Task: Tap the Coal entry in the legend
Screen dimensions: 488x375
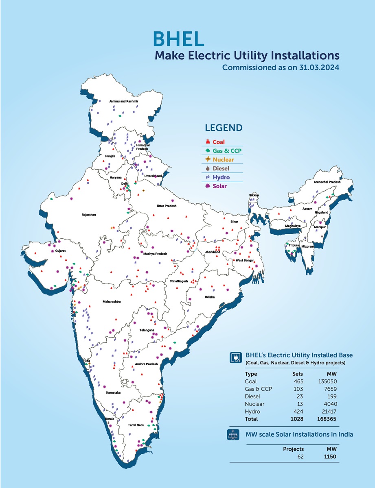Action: pyautogui.click(x=218, y=142)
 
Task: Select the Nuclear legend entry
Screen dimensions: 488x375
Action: pyautogui.click(x=223, y=159)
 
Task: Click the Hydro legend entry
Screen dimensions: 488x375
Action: pyautogui.click(x=221, y=177)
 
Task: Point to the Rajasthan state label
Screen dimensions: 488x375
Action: pyautogui.click(x=88, y=214)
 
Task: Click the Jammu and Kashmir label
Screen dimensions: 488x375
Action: pyautogui.click(x=123, y=101)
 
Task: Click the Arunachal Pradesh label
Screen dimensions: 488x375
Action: pyautogui.click(x=327, y=182)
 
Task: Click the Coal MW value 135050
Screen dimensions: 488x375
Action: pyautogui.click(x=327, y=381)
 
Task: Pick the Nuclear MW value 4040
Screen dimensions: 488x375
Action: pyautogui.click(x=329, y=403)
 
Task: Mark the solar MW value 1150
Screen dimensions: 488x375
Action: pyautogui.click(x=329, y=456)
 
